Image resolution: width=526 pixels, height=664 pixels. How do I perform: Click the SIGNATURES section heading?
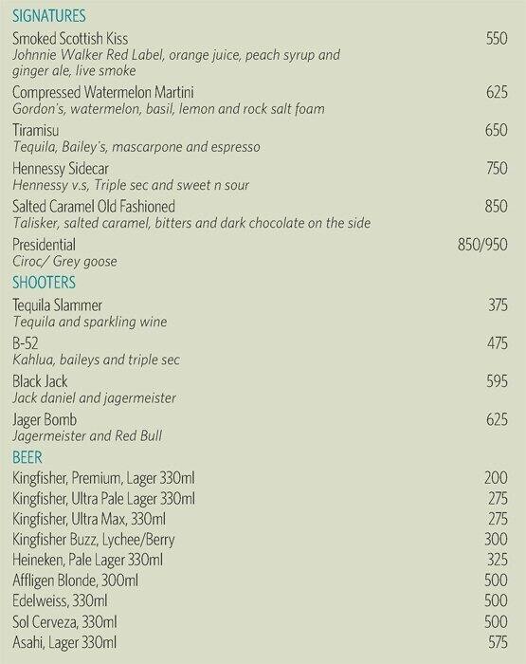[x=48, y=16]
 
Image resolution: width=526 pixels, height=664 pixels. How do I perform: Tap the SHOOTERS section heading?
[x=44, y=283]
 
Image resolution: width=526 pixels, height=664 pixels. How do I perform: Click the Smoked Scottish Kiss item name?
[x=83, y=38]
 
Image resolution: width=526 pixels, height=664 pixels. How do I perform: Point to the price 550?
[x=496, y=38]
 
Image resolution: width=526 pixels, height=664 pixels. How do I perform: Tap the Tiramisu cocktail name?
[x=37, y=130]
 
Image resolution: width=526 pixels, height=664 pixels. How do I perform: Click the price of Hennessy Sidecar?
[x=496, y=168]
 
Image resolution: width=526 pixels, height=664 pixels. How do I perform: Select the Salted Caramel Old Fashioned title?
[x=107, y=206]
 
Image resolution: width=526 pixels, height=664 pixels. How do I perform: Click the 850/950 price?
[x=482, y=245]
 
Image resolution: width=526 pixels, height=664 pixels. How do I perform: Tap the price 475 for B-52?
[x=496, y=342]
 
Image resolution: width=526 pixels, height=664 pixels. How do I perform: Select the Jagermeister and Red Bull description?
[x=88, y=435]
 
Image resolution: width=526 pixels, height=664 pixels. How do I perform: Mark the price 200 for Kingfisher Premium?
[x=496, y=478]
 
